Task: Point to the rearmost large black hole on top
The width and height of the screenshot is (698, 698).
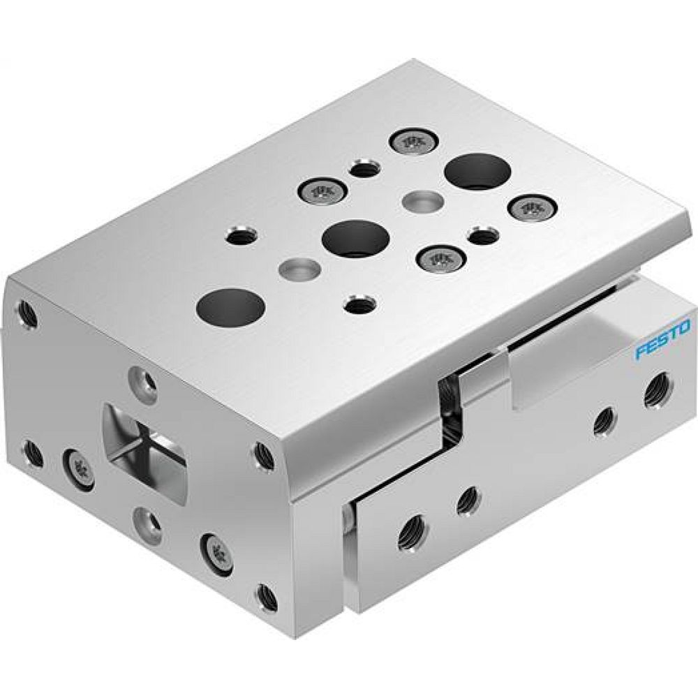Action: (477, 172)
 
